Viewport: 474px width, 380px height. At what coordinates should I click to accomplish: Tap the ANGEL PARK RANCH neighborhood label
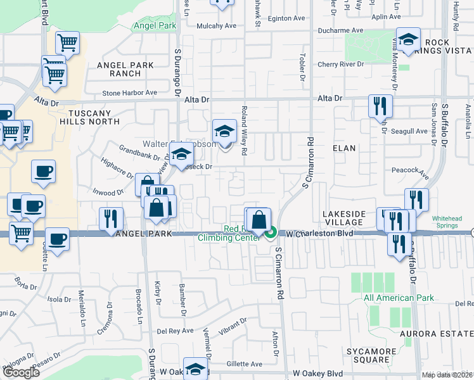(x=118, y=69)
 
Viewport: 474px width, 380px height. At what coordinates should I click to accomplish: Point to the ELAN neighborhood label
(x=344, y=148)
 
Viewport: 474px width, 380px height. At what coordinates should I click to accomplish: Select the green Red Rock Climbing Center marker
(x=271, y=233)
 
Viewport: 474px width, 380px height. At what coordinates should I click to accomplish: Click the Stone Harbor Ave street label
(x=129, y=92)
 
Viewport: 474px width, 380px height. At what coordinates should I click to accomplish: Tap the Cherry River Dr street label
(x=340, y=64)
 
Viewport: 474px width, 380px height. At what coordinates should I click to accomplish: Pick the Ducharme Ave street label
(x=340, y=30)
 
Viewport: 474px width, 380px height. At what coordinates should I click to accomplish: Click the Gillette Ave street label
(x=244, y=364)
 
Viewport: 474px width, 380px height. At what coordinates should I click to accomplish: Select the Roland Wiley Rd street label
(x=244, y=130)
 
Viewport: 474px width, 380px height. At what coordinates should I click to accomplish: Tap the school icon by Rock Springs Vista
(x=408, y=39)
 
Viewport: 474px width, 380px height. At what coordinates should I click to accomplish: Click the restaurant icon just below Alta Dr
(x=380, y=105)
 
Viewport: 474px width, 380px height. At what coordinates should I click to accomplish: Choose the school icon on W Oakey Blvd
(x=196, y=370)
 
